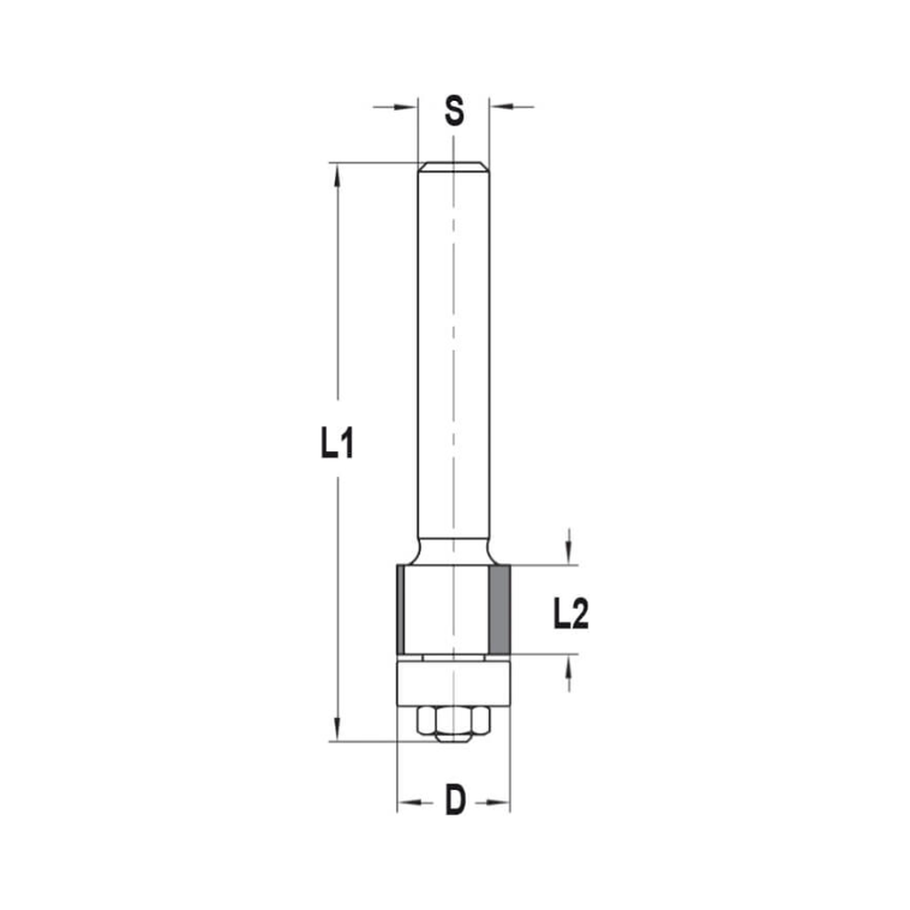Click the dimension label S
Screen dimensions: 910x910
click(x=454, y=112)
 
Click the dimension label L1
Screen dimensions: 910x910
click(x=337, y=445)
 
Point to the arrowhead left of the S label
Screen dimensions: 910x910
click(x=407, y=107)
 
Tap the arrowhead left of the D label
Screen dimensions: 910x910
click(x=408, y=803)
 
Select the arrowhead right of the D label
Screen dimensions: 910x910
click(x=500, y=803)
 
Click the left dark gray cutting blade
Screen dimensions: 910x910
click(x=400, y=609)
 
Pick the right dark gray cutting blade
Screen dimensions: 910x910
click(x=499, y=609)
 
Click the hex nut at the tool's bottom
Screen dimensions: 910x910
click(x=453, y=723)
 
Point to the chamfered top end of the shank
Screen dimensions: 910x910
click(x=453, y=167)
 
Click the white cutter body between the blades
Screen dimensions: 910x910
click(x=446, y=609)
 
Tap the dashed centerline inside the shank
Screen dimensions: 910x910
click(x=453, y=364)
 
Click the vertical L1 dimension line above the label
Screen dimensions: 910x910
click(x=338, y=291)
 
